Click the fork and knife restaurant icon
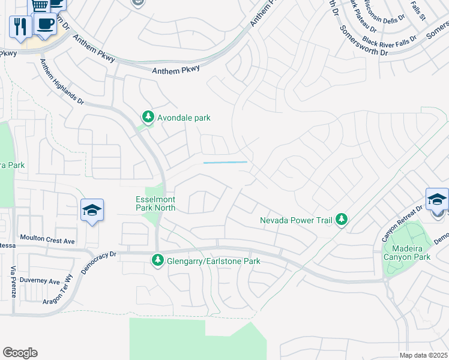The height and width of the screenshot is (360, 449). (x=20, y=26)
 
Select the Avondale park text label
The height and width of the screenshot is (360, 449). (x=184, y=118)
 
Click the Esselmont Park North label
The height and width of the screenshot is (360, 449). (x=155, y=203)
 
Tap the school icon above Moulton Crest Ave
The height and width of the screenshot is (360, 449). (x=92, y=210)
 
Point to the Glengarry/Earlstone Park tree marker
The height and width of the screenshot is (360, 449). (x=157, y=260)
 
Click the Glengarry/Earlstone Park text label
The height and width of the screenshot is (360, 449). (x=213, y=261)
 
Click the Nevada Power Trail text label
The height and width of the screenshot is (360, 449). (x=296, y=220)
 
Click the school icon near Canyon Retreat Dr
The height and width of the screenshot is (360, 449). (x=437, y=199)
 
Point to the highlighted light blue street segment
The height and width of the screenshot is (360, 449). (x=226, y=162)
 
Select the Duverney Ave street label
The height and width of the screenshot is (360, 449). (x=39, y=281)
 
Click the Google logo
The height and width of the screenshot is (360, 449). (x=20, y=352)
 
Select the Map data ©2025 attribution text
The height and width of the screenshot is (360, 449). (x=423, y=355)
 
